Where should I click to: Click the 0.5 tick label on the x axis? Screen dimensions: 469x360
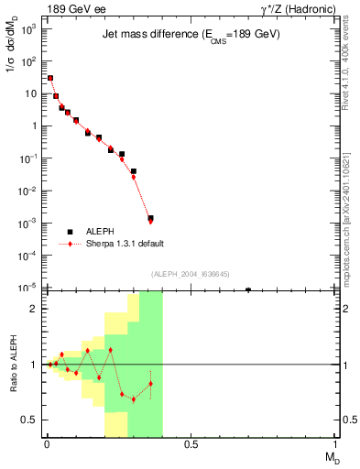[x=191, y=445]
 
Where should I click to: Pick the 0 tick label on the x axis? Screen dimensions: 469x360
[x=47, y=445]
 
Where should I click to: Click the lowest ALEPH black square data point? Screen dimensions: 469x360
[x=150, y=245]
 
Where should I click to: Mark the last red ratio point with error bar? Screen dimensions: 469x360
[x=150, y=383]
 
